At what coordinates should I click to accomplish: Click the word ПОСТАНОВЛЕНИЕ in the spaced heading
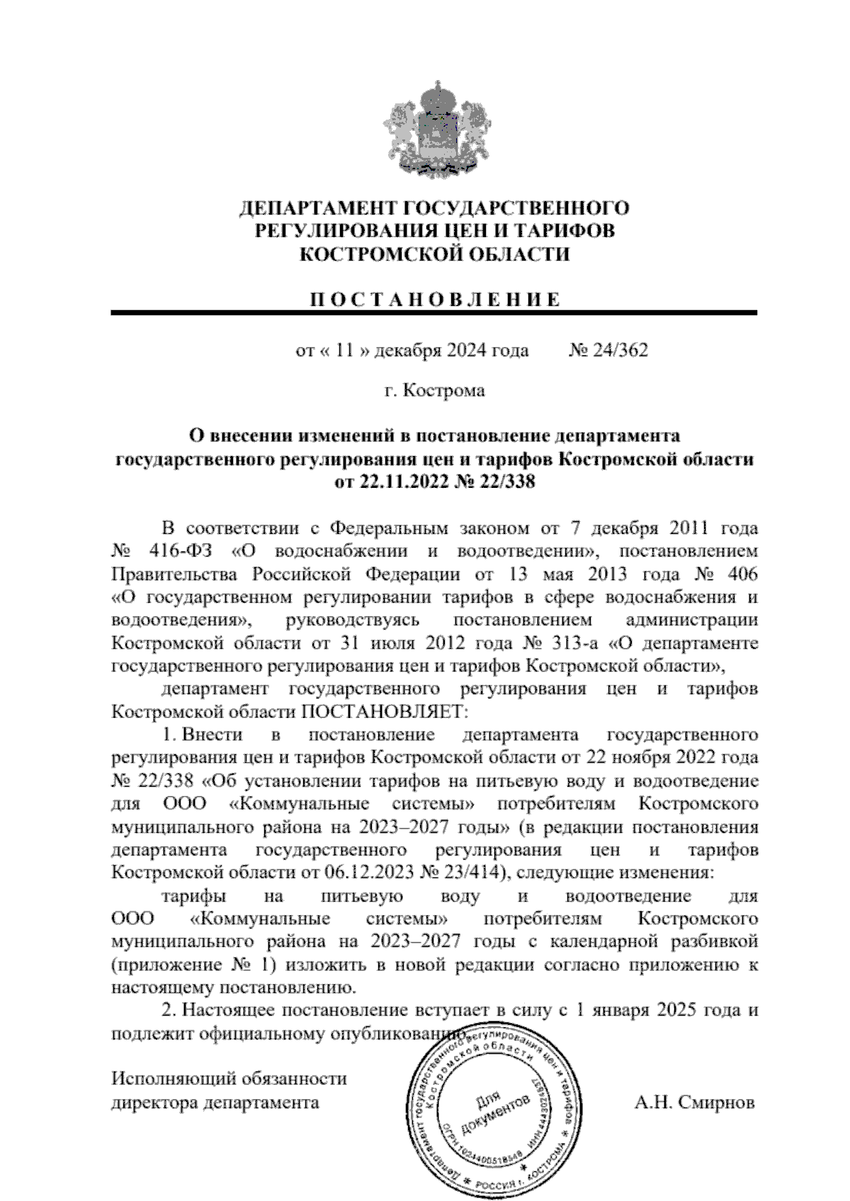point(433,299)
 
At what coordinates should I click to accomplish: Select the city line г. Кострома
point(434,390)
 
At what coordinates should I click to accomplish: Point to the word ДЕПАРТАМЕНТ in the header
point(318,209)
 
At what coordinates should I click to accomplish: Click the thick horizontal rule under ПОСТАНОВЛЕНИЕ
point(433,312)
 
